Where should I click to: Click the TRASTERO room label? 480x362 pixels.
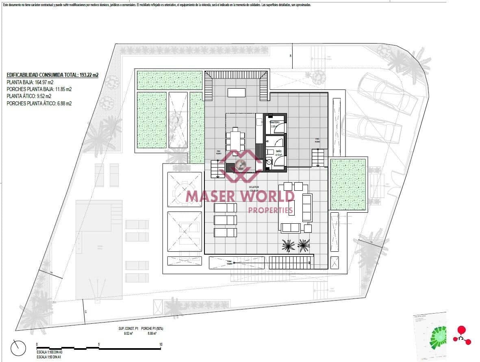coord(275,122)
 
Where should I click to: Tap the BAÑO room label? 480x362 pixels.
coord(278,151)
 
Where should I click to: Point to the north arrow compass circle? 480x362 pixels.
coord(18,348)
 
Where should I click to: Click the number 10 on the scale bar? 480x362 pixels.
coord(161,345)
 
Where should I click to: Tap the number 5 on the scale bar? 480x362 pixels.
coord(99,345)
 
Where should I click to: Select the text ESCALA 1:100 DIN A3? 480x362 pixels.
coord(49,352)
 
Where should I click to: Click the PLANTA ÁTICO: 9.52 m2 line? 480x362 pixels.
coord(29,96)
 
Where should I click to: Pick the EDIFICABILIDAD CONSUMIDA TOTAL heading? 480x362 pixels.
coord(52,75)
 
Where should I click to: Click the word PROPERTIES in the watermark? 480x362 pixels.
coord(270,210)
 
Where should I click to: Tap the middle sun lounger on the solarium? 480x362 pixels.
coord(225,220)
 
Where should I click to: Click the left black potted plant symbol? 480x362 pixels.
coord(288,245)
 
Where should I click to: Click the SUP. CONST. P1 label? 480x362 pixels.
coord(126,329)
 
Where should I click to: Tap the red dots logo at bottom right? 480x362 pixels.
coord(462,335)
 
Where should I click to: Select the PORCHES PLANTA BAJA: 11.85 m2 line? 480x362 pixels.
coord(39,89)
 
